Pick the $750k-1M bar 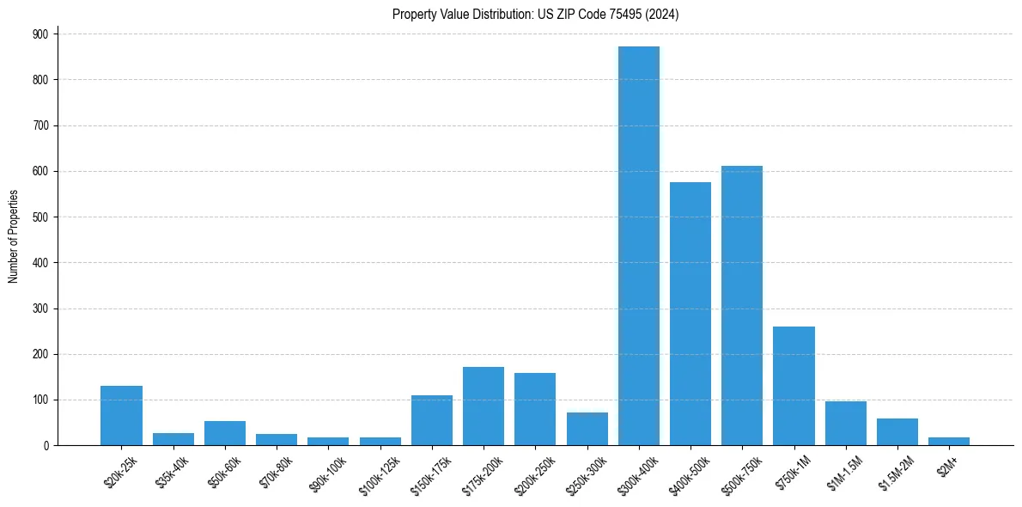click(x=794, y=386)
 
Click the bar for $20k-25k click(x=121, y=416)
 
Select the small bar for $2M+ click(x=949, y=441)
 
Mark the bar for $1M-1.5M click(x=846, y=424)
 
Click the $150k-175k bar click(x=432, y=420)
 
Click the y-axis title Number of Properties click(x=13, y=236)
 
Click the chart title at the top click(x=536, y=15)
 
